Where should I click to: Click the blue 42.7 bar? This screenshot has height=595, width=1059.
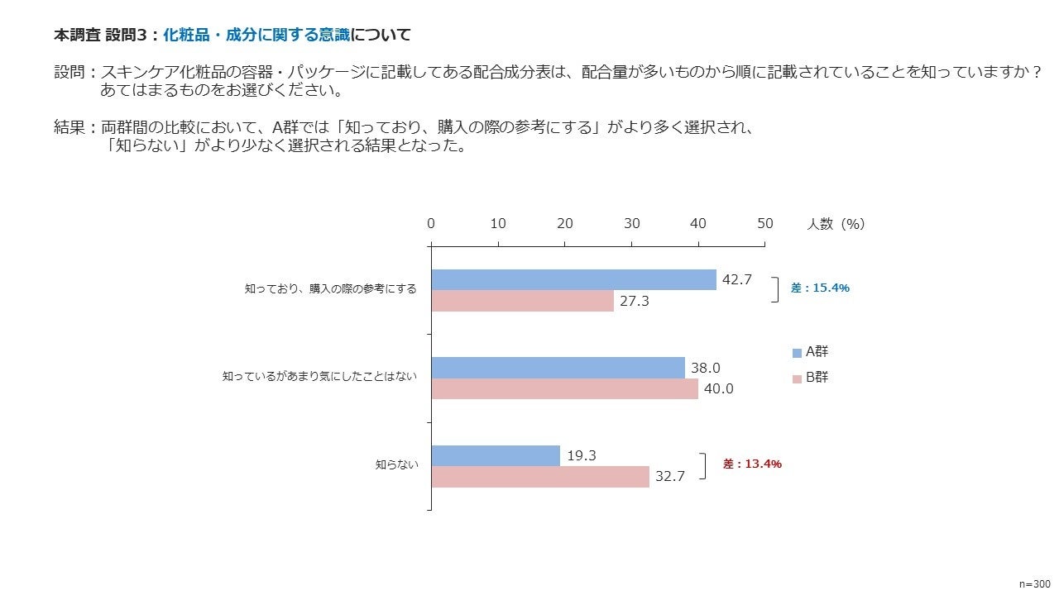coord(573,279)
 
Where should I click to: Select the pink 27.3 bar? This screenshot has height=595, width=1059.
coord(522,301)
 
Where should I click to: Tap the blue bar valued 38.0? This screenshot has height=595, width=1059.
coord(558,368)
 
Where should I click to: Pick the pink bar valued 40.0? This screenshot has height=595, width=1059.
coord(564,388)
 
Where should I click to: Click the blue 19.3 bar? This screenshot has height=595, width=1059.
coord(496,455)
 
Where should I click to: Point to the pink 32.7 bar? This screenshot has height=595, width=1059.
coord(540,477)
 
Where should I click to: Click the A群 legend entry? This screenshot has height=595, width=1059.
coord(810,352)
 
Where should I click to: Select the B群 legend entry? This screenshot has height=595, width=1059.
coord(810,378)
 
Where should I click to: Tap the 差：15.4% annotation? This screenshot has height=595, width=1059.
coord(820,288)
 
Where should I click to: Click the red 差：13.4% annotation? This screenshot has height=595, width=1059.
coord(752,464)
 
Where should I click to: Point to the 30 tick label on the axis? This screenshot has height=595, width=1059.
coord(631,224)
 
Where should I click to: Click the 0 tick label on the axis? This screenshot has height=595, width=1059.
coord(431,224)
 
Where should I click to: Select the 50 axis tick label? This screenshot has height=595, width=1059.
coord(765,224)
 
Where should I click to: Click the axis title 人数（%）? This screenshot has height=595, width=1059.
coord(836,224)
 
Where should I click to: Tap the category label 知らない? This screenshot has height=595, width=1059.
coord(397,465)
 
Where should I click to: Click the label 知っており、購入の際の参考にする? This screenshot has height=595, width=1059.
coord(331,289)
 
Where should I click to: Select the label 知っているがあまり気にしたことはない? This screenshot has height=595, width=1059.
coord(320,377)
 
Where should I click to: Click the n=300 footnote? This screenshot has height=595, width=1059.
coord(1034,583)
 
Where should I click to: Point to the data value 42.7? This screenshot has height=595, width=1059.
coord(737,279)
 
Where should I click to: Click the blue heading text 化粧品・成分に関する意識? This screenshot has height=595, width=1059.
coord(256,35)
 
